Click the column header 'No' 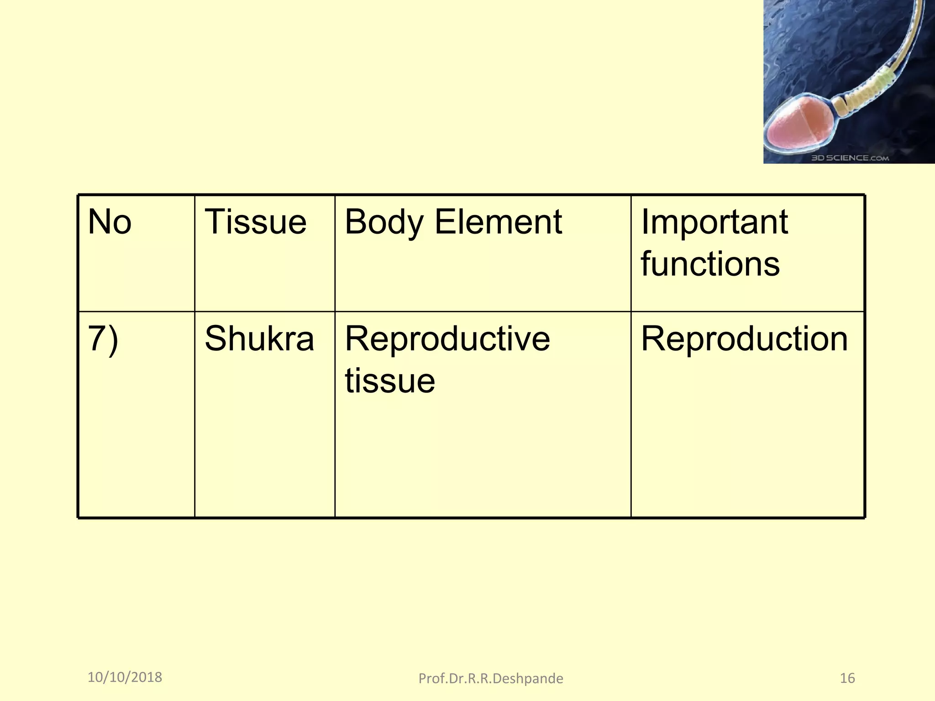click(110, 222)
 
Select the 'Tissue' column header click(255, 222)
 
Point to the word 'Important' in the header click(714, 222)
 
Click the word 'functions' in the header click(710, 264)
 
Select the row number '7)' click(103, 340)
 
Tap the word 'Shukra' click(259, 339)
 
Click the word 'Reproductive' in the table click(447, 339)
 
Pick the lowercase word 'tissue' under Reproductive click(390, 381)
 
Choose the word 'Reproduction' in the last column click(744, 339)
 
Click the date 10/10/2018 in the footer click(125, 677)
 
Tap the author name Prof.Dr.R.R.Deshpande click(491, 679)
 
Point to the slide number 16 click(847, 678)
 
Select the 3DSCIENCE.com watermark click(850, 158)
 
